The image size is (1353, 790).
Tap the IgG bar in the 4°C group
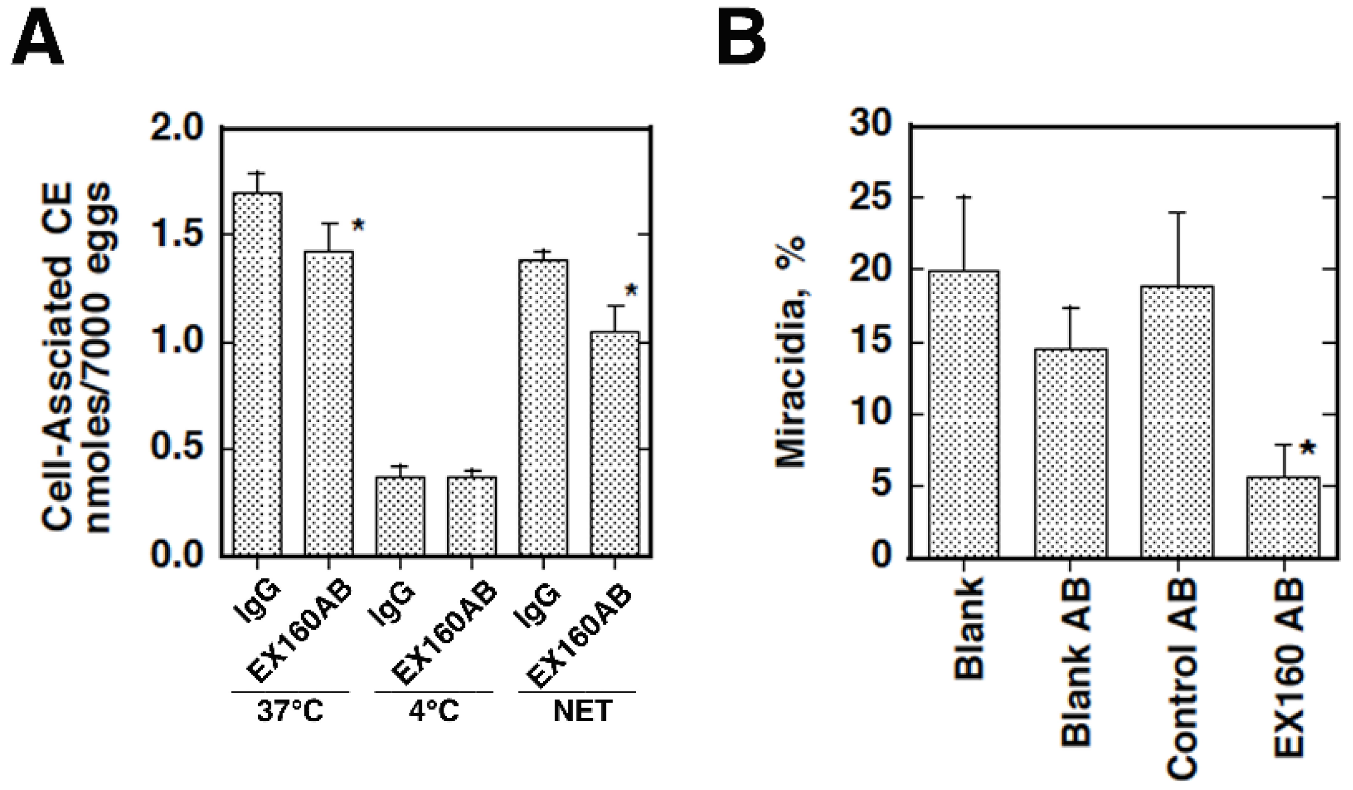(400, 517)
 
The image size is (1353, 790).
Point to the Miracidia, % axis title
(791, 353)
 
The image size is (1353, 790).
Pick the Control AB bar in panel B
(1178, 421)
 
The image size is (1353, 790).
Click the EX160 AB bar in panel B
(1284, 517)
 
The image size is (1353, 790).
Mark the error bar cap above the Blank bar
(964, 196)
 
